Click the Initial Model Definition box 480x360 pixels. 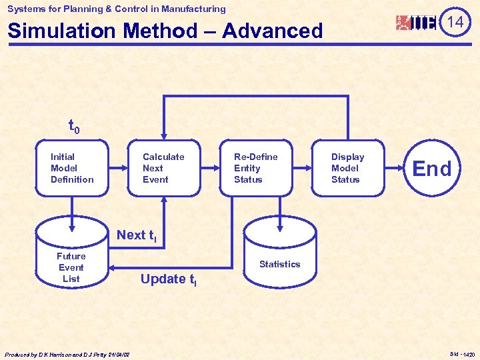coord(71,168)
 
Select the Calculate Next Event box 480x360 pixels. coord(164,168)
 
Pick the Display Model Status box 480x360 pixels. coord(348,168)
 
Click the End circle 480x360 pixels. coord(432,169)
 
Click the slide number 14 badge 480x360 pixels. coord(455,22)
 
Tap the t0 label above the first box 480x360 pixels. coord(74,125)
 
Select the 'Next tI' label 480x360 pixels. coord(137,235)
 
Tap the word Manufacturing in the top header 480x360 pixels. coord(193,9)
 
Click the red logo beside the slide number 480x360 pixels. coord(416,23)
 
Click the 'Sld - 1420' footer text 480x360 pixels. coord(462,354)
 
